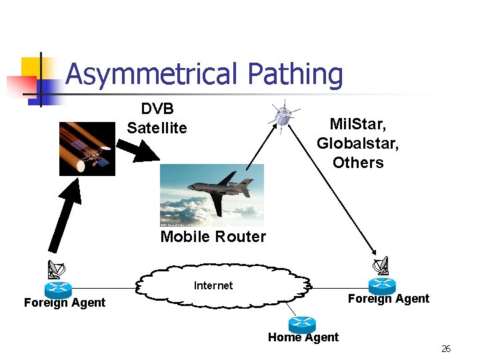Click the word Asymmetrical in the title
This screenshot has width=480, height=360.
tap(151, 75)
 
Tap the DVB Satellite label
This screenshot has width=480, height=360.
tap(157, 119)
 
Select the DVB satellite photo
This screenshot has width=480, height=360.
tap(87, 149)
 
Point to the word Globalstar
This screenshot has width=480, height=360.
tap(350, 143)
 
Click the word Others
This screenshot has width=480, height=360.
tap(358, 163)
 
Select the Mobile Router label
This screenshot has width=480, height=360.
tap(213, 237)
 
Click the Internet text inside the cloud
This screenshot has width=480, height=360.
tap(213, 285)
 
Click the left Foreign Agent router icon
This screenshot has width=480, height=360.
tap(58, 289)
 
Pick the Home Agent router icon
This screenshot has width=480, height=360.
tap(302, 325)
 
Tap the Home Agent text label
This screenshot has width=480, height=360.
tap(303, 337)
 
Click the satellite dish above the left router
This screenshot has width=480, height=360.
tap(57, 269)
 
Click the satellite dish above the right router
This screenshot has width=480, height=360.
tap(381, 267)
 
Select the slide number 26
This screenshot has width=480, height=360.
tap(446, 349)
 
